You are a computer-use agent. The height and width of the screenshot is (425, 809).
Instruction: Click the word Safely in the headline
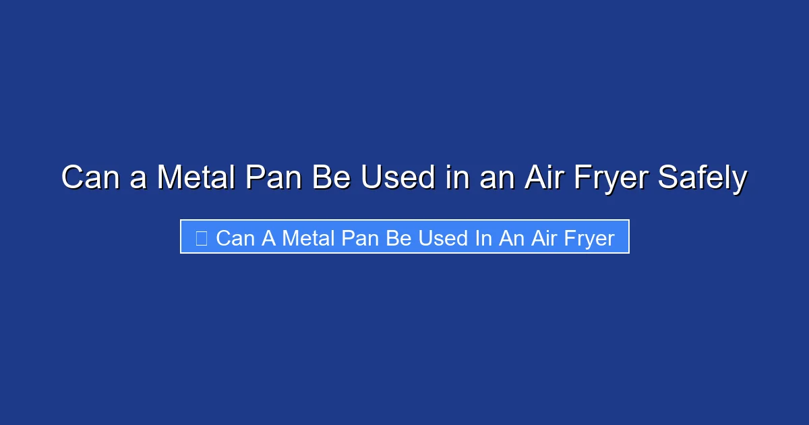click(702, 178)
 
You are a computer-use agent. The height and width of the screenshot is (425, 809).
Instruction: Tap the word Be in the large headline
click(330, 178)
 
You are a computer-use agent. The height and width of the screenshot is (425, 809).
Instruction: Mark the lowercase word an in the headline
click(487, 178)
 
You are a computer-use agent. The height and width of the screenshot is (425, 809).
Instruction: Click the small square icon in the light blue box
click(201, 237)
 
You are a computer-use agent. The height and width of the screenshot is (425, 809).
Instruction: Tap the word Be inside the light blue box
click(400, 238)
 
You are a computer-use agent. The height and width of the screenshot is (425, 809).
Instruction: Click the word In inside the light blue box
click(483, 238)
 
